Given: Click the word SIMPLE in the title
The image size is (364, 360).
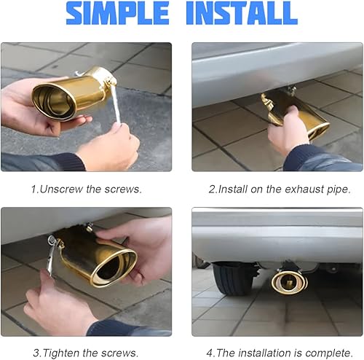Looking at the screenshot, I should click(116, 14).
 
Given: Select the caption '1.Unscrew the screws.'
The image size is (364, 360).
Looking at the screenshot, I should click(86, 189).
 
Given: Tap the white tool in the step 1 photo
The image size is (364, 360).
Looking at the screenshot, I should click(114, 109).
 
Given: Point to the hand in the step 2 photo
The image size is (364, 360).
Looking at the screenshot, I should click(288, 131).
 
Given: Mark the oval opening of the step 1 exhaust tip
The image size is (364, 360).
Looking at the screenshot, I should click(52, 101).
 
